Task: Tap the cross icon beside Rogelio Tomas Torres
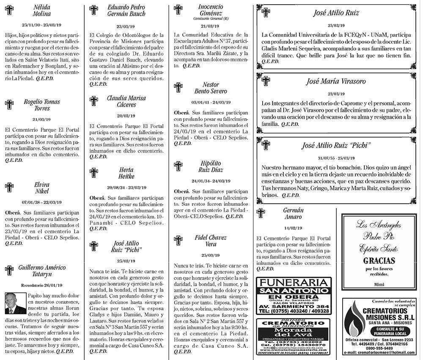point(10,105)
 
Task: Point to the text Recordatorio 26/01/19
point(41,284)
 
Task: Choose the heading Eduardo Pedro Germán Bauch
point(126,11)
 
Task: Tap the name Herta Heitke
point(126,173)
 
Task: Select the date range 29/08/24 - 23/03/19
point(126,187)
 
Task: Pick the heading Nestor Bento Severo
point(211,88)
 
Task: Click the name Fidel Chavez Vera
point(211,240)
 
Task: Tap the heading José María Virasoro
point(336,81)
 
